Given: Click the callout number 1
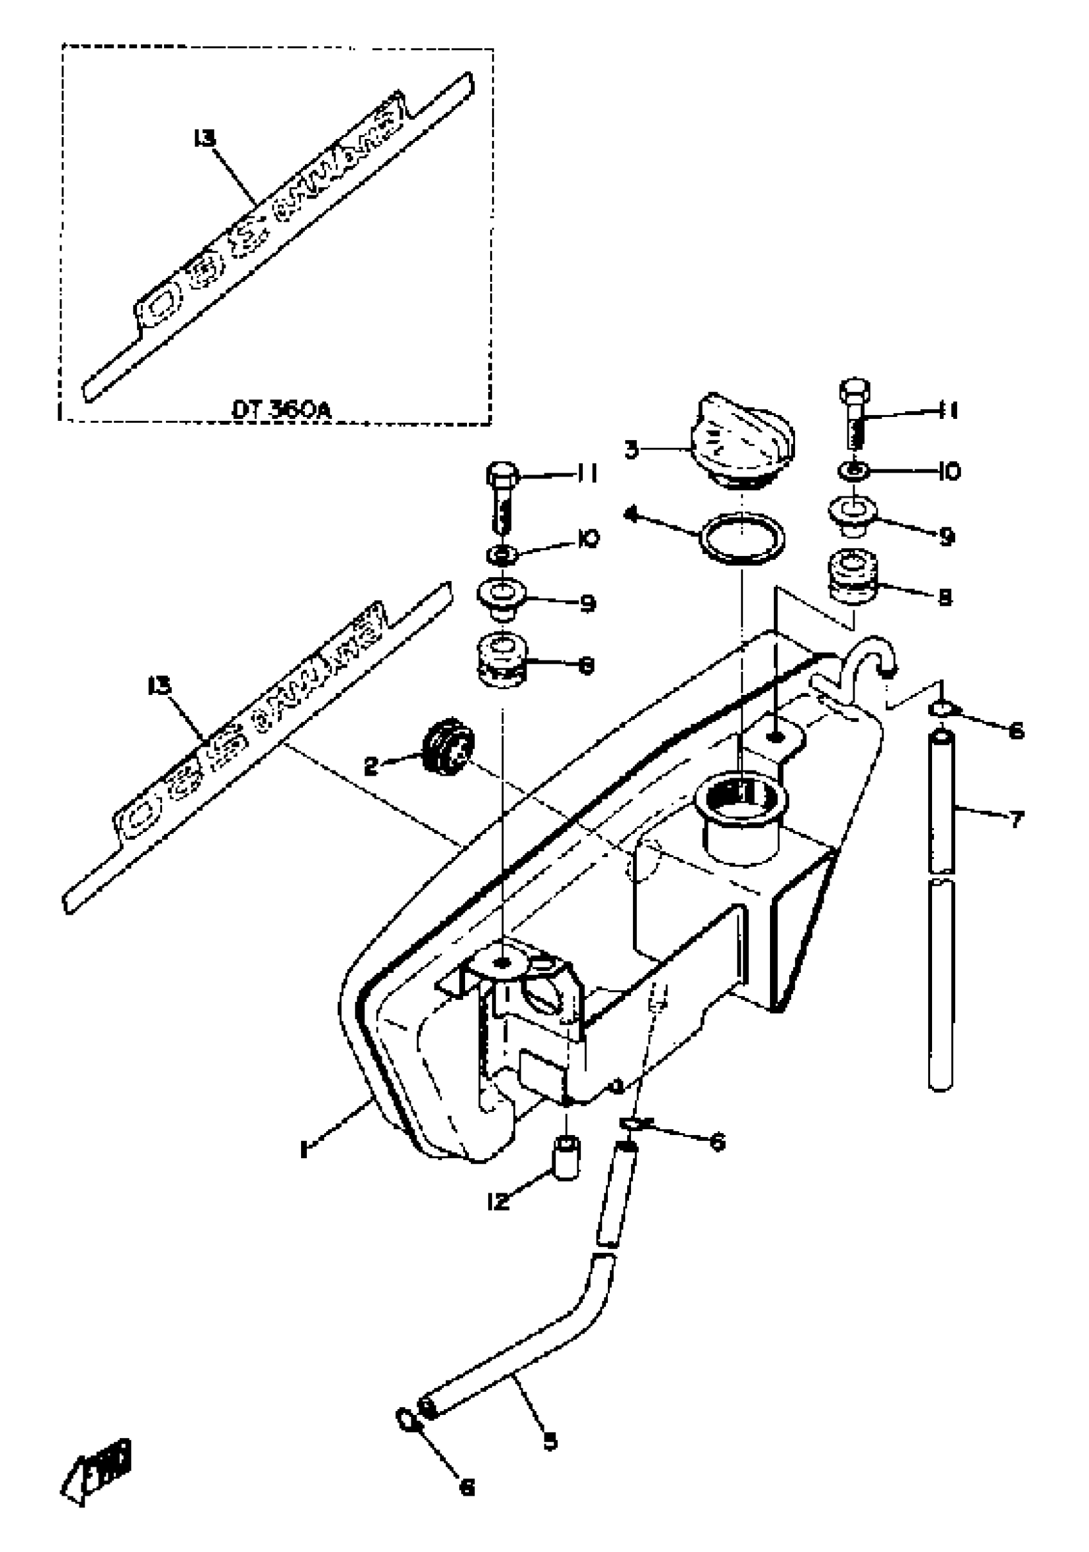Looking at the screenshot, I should point(304,1147).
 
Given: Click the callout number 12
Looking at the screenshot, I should point(498,1201).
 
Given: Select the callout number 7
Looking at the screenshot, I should point(1016,820).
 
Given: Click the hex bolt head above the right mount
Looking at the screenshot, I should point(855,390).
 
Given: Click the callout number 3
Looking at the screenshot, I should point(632,450).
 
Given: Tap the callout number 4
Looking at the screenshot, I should point(632,515).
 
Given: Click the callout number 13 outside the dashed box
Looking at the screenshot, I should point(160,686).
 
